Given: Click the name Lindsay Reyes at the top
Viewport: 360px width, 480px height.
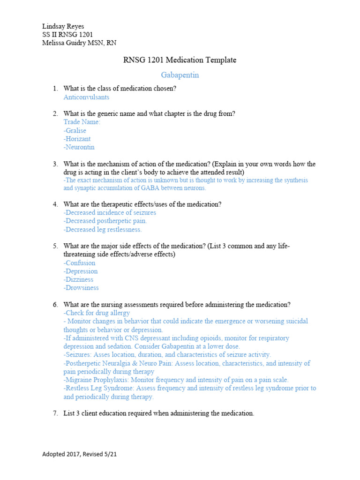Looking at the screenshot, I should coord(63,26).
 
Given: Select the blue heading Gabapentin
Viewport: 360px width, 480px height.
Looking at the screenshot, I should coord(180,75).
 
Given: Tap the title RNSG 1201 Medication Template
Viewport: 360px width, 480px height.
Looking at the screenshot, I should coord(180,60).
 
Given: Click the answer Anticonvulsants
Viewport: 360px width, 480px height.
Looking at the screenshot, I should coord(86,97).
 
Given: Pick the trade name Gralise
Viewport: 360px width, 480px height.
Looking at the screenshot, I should coord(75,131).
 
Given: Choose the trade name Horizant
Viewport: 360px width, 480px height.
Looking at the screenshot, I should coord(77,139).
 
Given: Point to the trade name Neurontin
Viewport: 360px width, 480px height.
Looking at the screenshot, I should coord(79,147).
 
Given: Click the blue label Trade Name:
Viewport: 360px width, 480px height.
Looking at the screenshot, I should coord(82,122).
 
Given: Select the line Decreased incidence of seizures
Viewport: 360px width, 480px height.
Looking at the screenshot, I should coord(110,213).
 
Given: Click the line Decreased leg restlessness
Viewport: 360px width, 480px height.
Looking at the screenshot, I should coord(103,230).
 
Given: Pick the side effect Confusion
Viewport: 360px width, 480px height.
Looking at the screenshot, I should coord(80,263).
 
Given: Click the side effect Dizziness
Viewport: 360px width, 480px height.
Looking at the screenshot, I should coord(79,280).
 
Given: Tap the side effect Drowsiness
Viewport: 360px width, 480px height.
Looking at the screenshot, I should coord(81,288).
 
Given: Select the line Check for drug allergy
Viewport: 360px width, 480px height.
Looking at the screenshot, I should coord(97,313).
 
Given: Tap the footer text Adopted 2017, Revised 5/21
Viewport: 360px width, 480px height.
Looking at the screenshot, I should coord(79,454).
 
